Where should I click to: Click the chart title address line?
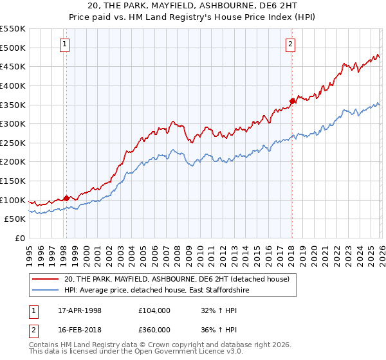(x=193, y=6)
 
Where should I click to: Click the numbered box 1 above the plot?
(x=66, y=44)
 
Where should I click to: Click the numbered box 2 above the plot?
(x=291, y=44)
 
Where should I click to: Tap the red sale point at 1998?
(x=66, y=199)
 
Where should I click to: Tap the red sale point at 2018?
(x=292, y=100)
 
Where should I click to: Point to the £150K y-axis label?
(x=13, y=181)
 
